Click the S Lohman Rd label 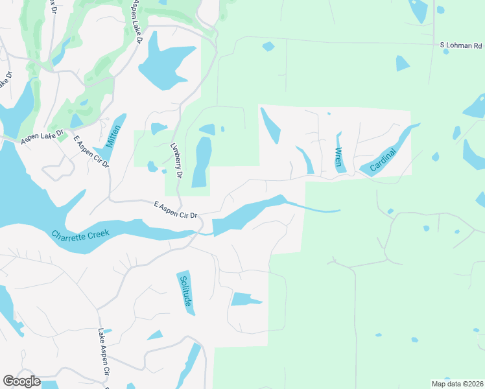461,45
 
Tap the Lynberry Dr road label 176,161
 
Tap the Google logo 21,381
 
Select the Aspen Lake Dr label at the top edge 137,21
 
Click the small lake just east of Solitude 245,299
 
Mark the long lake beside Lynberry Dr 202,162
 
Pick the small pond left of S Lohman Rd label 268,46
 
